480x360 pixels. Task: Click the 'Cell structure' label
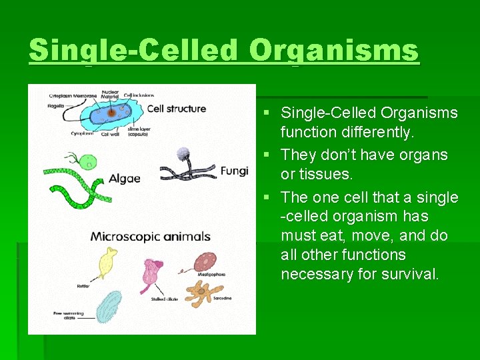176,109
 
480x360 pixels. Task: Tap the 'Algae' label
125,178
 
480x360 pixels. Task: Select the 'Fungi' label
234,171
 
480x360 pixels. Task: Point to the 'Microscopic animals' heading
151,236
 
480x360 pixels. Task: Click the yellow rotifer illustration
108,262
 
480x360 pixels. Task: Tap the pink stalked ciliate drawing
152,273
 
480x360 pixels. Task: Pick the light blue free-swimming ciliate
109,307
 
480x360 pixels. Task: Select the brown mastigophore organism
205,262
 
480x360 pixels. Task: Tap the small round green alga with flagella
88,161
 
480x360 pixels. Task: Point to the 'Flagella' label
56,105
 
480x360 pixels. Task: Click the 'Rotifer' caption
83,286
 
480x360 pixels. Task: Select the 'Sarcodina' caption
222,298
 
